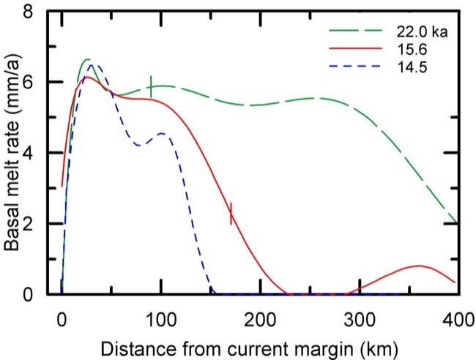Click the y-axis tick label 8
tap(30, 12)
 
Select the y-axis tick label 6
tap(30, 83)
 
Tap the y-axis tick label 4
tap(30, 154)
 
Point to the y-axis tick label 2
tap(30, 224)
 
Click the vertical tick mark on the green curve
tap(151, 86)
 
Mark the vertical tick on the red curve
tap(231, 213)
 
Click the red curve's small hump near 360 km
tap(419, 266)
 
